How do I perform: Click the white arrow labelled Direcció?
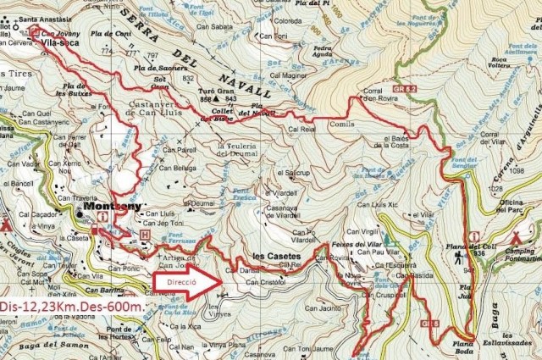tap(185, 284)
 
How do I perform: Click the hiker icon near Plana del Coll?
tap(457, 255)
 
